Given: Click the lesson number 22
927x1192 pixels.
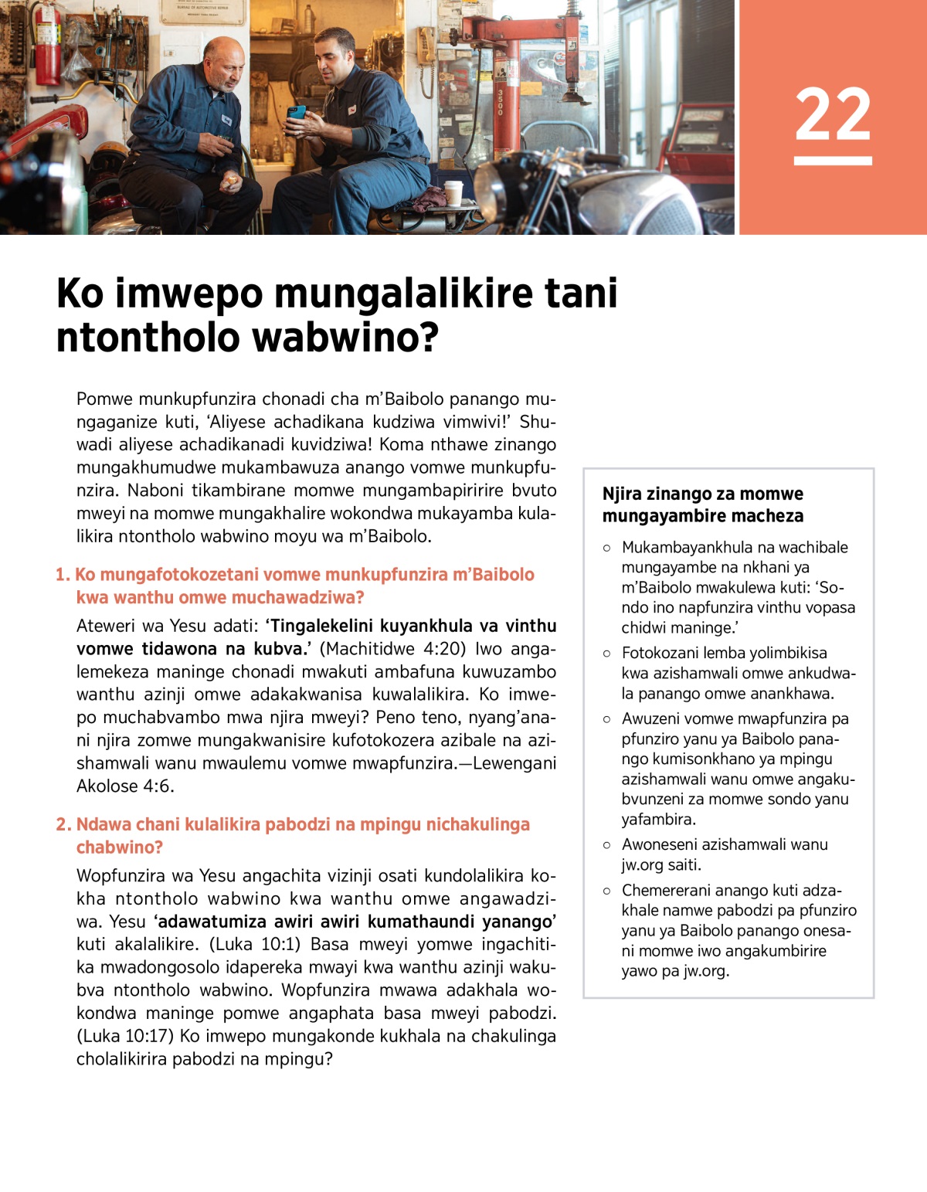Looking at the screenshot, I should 833,114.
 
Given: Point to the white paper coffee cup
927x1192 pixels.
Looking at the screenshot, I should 453,192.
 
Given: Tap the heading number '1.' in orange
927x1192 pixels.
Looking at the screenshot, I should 63,575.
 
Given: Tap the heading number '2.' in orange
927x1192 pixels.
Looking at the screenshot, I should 63,825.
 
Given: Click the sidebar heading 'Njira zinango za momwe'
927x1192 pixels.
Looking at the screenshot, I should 702,494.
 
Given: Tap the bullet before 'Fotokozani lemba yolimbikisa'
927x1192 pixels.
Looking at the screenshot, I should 606,654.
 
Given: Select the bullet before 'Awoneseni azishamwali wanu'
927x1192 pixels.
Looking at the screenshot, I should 606,845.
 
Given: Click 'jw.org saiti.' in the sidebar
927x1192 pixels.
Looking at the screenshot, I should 661,865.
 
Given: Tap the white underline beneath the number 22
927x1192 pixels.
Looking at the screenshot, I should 833,161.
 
